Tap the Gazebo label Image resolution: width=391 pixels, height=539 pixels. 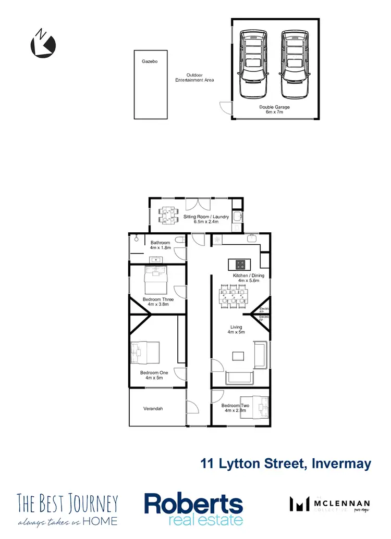coord(150,61)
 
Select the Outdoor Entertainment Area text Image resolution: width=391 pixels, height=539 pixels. coord(194,78)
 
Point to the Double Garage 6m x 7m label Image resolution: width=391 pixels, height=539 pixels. coord(275,109)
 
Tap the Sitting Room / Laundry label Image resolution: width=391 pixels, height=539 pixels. coord(206,219)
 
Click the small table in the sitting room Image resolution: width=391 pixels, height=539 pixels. coord(167,216)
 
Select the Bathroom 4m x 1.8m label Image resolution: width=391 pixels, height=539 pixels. coord(160,245)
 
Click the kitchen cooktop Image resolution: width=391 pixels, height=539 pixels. coord(241,264)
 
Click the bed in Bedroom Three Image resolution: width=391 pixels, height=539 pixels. coord(155,281)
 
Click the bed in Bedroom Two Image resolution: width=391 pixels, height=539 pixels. coord(254,406)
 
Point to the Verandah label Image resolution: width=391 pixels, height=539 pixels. coord(153,409)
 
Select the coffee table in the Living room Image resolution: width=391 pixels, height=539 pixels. coord(238,356)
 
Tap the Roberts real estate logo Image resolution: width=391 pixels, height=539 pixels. coord(193,509)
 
